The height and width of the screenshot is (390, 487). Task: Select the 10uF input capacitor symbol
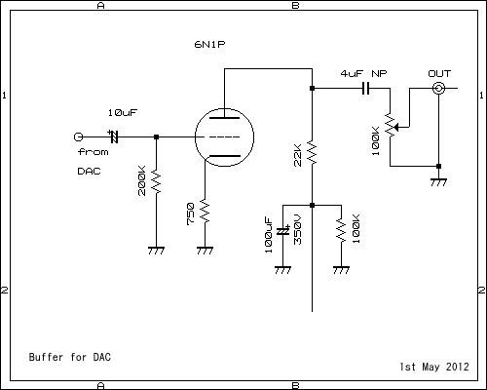113,136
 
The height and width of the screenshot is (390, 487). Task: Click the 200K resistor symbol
155,180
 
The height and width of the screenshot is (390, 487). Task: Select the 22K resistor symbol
312,152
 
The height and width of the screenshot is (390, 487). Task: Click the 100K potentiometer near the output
391,125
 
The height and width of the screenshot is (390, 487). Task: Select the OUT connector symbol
439,89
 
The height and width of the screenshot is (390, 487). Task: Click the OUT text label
439,73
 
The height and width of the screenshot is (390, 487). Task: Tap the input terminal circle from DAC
79,136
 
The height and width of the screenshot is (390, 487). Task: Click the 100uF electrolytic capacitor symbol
282,232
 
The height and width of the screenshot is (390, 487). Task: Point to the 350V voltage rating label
297,226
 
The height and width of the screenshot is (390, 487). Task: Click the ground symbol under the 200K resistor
155,250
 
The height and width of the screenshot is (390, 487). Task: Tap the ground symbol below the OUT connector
439,180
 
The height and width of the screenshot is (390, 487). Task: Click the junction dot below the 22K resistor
312,205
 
